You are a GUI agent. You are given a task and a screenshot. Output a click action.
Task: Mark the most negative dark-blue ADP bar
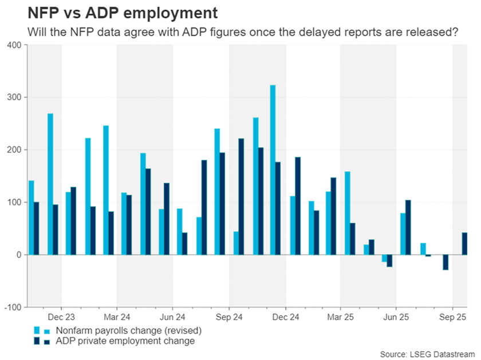pyautogui.click(x=445, y=262)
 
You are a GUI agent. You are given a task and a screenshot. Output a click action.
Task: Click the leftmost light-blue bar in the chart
pyautogui.click(x=31, y=217)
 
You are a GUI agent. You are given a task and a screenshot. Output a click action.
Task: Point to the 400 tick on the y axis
pyautogui.click(x=14, y=45)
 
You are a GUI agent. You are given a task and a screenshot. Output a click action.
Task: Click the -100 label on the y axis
pyautogui.click(x=12, y=307)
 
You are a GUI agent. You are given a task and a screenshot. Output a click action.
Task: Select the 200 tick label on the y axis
pyautogui.click(x=14, y=149)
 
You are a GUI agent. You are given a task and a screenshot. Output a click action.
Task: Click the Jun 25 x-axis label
pyautogui.click(x=396, y=317)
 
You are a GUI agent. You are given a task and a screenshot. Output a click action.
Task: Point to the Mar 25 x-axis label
pyautogui.click(x=340, y=317)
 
